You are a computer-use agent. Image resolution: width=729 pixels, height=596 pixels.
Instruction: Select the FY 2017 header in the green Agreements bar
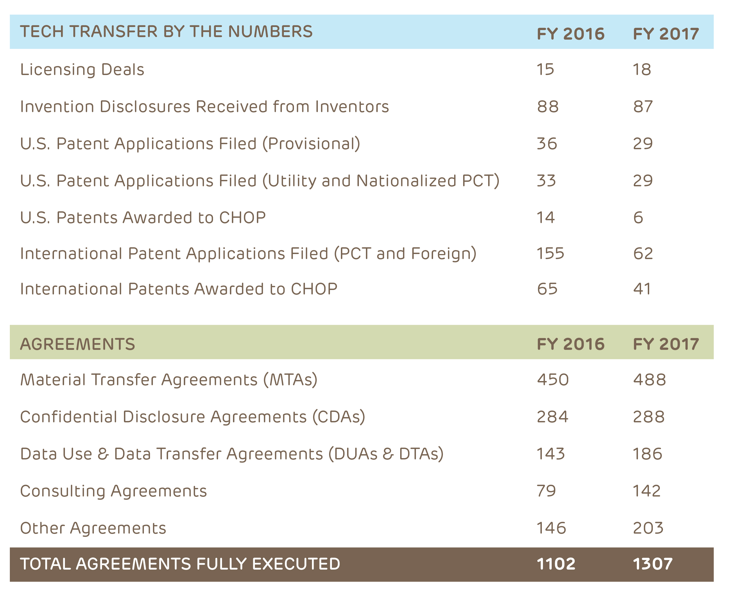point(666,344)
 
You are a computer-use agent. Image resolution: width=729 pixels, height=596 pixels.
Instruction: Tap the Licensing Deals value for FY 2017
point(642,69)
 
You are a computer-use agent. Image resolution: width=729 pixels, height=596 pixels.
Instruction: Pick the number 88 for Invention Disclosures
point(548,106)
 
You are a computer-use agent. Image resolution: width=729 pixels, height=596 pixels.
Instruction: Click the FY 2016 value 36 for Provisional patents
point(547,144)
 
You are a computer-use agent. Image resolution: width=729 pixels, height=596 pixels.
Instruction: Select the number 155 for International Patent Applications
point(551,253)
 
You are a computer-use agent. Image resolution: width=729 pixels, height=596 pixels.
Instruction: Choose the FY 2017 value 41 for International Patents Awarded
point(642,289)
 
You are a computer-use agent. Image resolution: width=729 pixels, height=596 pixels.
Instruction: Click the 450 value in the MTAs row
point(553,380)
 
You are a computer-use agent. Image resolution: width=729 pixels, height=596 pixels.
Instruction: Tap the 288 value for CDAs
point(649,417)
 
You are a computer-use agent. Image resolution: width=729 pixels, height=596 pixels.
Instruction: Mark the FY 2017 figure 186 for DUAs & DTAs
point(648,454)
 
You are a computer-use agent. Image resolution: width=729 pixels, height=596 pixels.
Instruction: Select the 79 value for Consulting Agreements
point(546,491)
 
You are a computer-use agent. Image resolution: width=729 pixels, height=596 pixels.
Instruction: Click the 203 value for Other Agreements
point(648,528)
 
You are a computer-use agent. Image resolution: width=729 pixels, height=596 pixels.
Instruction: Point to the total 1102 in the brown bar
point(556,564)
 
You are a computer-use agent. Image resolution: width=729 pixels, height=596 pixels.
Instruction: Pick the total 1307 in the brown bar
point(653,564)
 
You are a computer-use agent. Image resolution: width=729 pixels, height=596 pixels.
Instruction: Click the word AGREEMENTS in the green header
point(78,344)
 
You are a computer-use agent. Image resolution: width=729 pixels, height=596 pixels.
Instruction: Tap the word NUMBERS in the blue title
point(270,31)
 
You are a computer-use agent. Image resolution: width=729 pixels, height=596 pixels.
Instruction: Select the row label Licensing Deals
point(82,69)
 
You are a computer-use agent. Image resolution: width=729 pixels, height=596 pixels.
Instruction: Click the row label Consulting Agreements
point(113,491)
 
